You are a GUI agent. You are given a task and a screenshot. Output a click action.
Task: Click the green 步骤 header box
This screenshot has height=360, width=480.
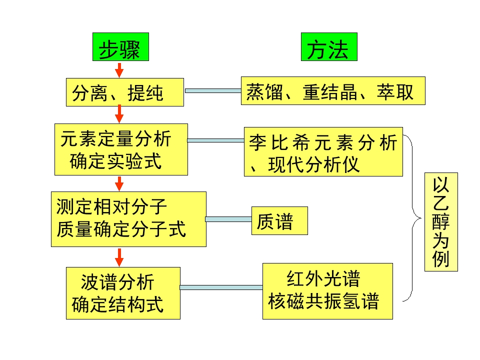tap(120, 48)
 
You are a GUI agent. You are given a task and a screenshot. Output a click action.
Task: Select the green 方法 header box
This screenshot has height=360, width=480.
tap(329, 47)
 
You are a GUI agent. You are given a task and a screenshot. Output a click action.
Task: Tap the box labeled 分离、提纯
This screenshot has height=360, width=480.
tap(124, 92)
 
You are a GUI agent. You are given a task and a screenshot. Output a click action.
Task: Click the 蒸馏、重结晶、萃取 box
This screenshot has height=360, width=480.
tap(332, 90)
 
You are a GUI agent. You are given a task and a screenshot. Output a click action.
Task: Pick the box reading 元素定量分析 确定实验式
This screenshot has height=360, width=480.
tap(121, 149)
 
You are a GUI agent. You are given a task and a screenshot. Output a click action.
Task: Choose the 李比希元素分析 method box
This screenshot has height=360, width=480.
tap(323, 151)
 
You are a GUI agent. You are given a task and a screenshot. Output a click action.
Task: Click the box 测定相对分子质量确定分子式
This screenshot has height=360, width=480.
tap(128, 219)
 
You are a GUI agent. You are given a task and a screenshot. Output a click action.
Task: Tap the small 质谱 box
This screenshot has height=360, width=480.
tap(279, 220)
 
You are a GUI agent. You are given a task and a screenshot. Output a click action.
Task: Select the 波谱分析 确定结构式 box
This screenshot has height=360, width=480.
tap(123, 293)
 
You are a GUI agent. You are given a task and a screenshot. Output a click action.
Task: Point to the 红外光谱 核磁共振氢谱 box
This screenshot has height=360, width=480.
tap(327, 291)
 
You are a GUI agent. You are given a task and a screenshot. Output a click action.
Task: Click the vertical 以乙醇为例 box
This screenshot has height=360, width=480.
tap(441, 221)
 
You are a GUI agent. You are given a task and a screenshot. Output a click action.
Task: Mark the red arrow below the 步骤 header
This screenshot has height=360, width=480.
tap(119, 69)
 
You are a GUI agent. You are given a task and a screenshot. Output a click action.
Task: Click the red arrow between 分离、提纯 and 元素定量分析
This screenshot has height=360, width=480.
tap(119, 114)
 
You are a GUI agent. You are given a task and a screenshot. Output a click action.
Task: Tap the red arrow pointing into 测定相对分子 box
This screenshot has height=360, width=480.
tap(119, 183)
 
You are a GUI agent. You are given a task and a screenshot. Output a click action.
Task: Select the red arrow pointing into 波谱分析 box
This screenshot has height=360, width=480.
tap(119, 256)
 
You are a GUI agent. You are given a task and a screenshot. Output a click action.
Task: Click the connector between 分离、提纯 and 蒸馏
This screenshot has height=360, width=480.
tap(212, 90)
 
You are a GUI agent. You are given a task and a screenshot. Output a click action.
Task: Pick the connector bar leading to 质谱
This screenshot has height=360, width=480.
tap(228, 219)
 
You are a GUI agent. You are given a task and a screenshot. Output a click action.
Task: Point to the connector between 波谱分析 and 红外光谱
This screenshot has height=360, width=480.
tap(221, 287)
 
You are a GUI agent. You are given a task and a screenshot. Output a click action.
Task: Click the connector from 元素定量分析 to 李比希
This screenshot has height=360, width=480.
tap(216, 140)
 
